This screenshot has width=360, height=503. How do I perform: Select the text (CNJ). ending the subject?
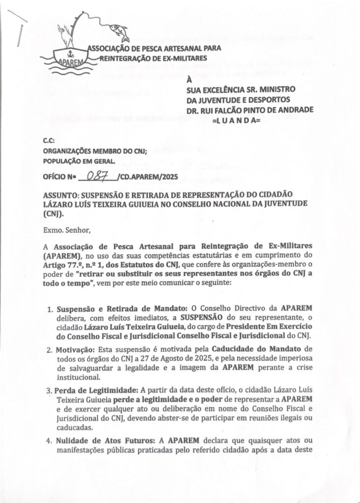[54, 214]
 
